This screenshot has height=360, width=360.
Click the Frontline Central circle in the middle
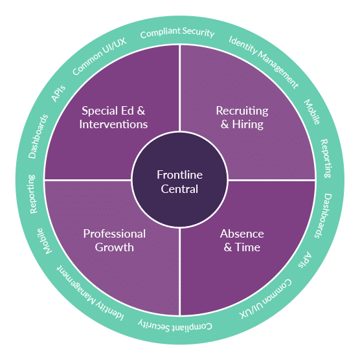pyautogui.click(x=180, y=180)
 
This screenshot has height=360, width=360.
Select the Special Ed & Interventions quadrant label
pyautogui.click(x=113, y=118)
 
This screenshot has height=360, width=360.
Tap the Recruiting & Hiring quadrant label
pyautogui.click(x=242, y=118)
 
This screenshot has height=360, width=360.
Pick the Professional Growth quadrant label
pyautogui.click(x=115, y=241)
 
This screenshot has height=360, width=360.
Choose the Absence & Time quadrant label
pyautogui.click(x=242, y=241)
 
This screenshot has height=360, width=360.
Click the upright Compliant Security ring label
pyautogui.click(x=177, y=32)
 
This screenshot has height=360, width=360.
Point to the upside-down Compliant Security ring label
pyautogui.click(x=175, y=326)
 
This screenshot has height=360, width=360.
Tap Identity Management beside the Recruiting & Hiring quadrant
pyautogui.click(x=264, y=62)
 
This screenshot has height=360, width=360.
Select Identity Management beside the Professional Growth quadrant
pyautogui.click(x=91, y=293)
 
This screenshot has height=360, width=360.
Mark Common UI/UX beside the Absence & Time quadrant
pyautogui.click(x=265, y=299)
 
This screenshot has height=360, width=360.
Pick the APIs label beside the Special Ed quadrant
pyautogui.click(x=58, y=93)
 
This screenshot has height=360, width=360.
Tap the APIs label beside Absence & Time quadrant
pyautogui.click(x=305, y=260)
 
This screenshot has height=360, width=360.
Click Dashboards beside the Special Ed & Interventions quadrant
pyautogui.click(x=38, y=137)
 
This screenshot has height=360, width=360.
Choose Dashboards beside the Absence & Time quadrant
pyautogui.click(x=323, y=216)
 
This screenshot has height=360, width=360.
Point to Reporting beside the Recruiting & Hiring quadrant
pyautogui.click(x=326, y=159)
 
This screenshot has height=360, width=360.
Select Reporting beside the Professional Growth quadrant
pyautogui.click(x=32, y=194)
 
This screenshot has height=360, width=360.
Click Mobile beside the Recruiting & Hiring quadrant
pyautogui.click(x=312, y=112)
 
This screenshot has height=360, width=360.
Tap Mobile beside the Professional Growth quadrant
pyautogui.click(x=45, y=241)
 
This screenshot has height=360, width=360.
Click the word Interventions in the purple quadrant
pyautogui.click(x=113, y=124)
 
